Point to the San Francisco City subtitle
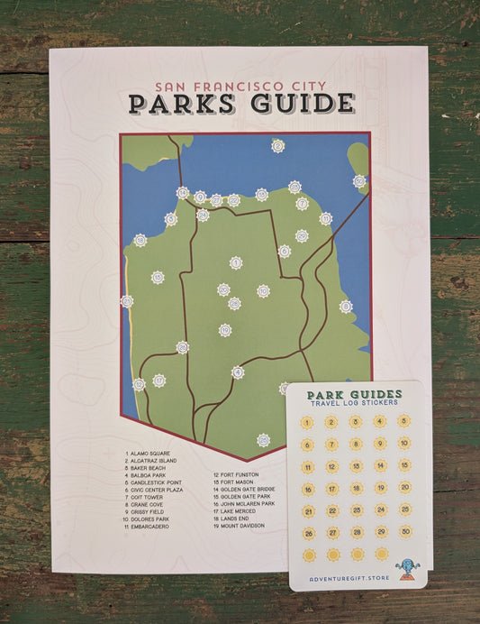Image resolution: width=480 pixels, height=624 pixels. tap(240, 87)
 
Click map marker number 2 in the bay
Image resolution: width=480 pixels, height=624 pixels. tap(277, 145)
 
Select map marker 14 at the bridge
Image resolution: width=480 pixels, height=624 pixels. tap(183, 192)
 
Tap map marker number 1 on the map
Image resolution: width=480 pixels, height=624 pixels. tap(236, 262)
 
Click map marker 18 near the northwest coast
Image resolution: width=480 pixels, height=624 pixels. tap(140, 240)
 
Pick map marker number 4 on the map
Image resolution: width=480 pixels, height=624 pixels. tap(238, 372)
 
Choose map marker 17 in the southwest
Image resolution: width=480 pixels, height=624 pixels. tap(139, 384)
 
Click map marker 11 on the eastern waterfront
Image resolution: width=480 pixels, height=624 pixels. tap(346, 306)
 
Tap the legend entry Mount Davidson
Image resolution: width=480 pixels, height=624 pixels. tap(242, 525)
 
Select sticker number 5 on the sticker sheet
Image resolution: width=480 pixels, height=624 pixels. tap(403, 420)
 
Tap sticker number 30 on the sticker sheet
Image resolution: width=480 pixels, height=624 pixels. tap(405, 532)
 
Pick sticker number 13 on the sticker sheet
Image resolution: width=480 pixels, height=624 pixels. tap(356, 465)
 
